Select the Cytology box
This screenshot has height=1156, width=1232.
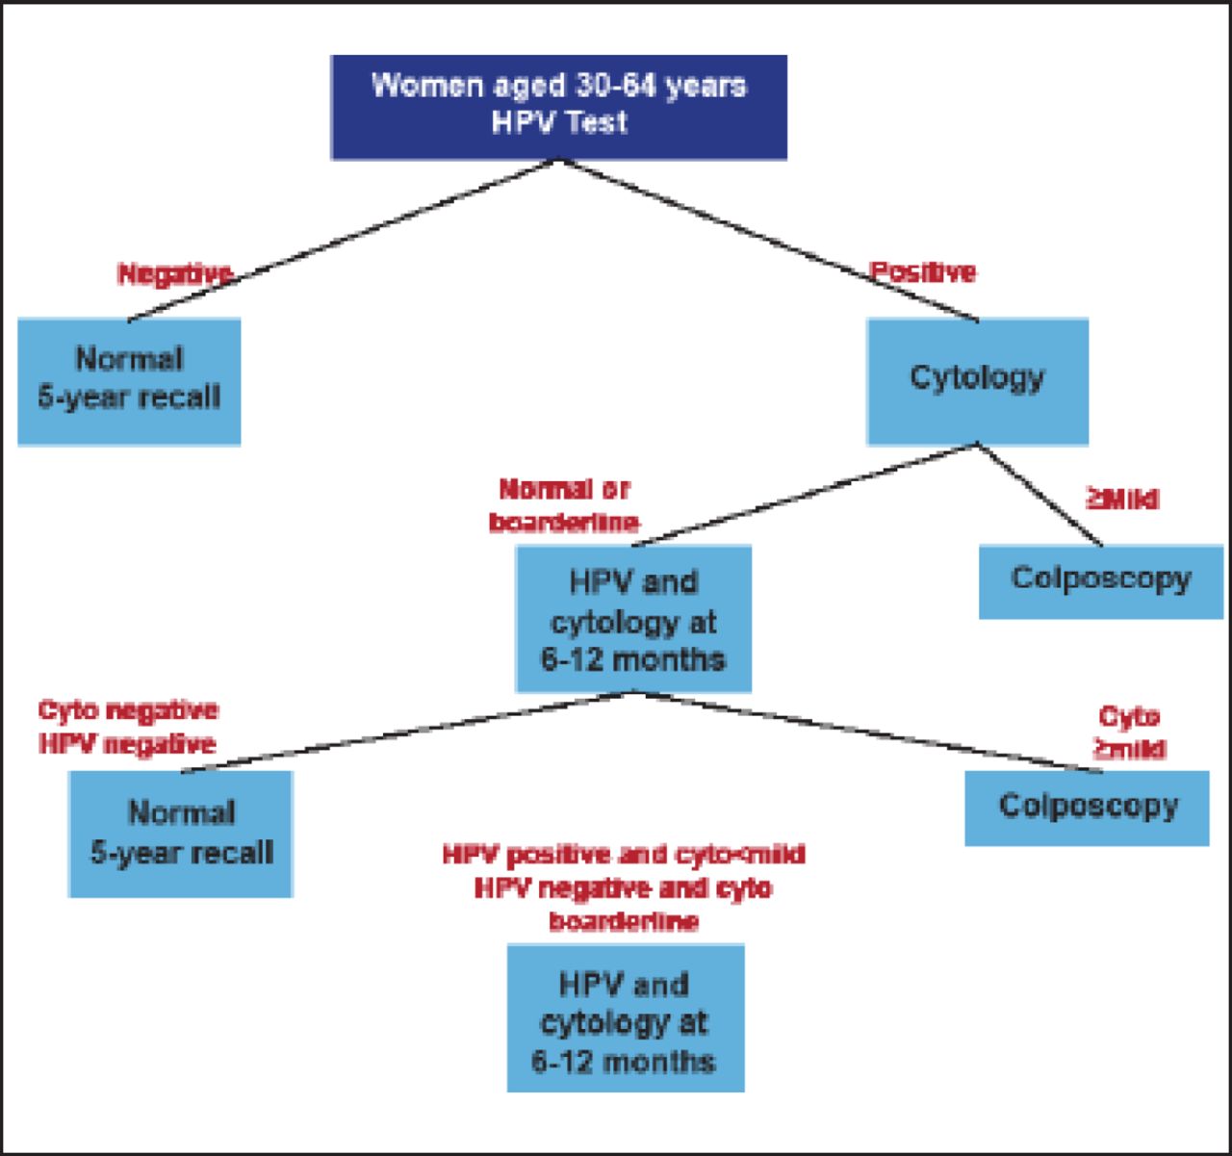(x=977, y=379)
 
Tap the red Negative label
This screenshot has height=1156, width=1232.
(x=174, y=274)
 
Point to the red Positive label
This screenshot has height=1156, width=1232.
(x=923, y=272)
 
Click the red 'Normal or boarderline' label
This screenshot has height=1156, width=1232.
(x=564, y=505)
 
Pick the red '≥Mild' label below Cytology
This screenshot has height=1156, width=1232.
(x=1122, y=499)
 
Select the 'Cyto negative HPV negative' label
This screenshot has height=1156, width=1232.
(x=128, y=728)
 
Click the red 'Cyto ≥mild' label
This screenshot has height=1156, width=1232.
(x=1130, y=732)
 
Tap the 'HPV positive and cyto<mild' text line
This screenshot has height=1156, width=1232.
(x=624, y=855)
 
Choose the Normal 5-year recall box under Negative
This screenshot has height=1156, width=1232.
(x=129, y=380)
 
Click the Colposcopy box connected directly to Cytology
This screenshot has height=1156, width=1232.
(x=1100, y=580)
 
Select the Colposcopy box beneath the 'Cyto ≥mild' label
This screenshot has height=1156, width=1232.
(x=1087, y=807)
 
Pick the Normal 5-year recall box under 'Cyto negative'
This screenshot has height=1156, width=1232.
(x=181, y=834)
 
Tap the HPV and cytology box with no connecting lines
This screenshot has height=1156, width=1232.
(x=625, y=1019)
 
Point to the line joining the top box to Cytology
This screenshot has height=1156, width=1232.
(x=770, y=241)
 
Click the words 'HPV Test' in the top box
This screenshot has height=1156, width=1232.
(x=559, y=122)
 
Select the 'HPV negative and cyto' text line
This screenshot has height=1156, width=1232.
(x=624, y=887)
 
